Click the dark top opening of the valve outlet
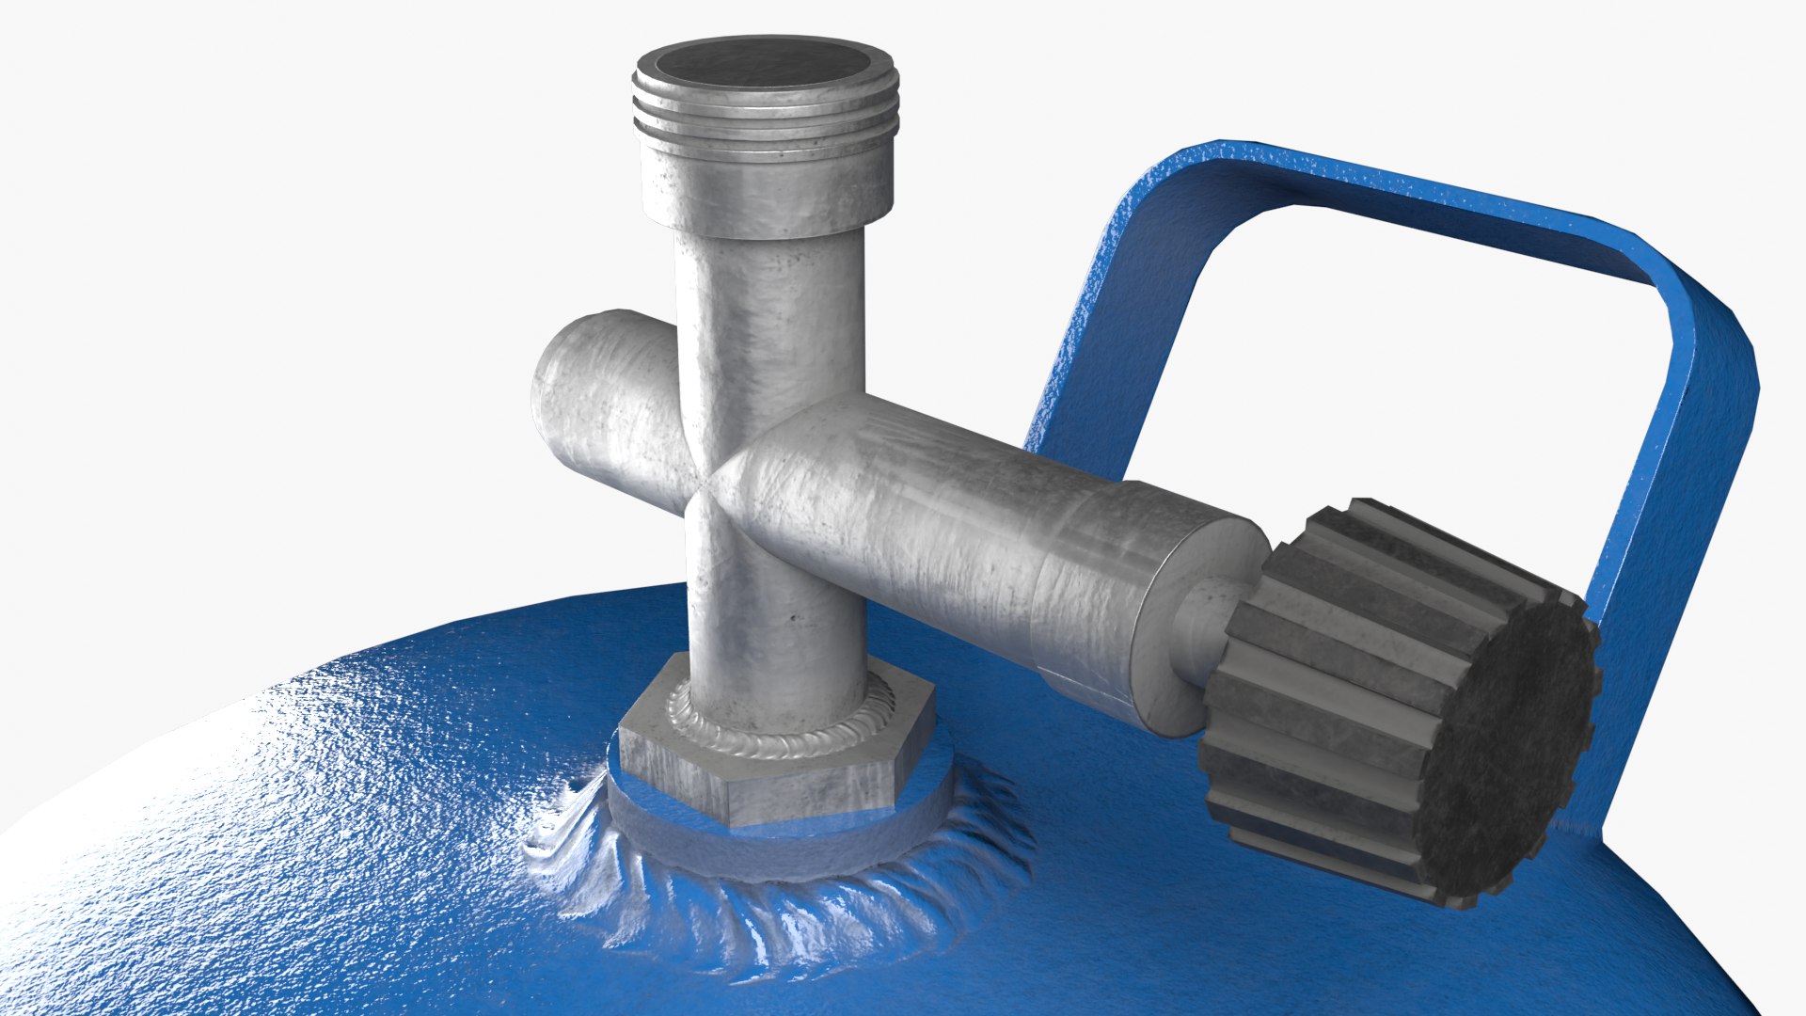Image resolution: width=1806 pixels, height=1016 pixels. [764, 63]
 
